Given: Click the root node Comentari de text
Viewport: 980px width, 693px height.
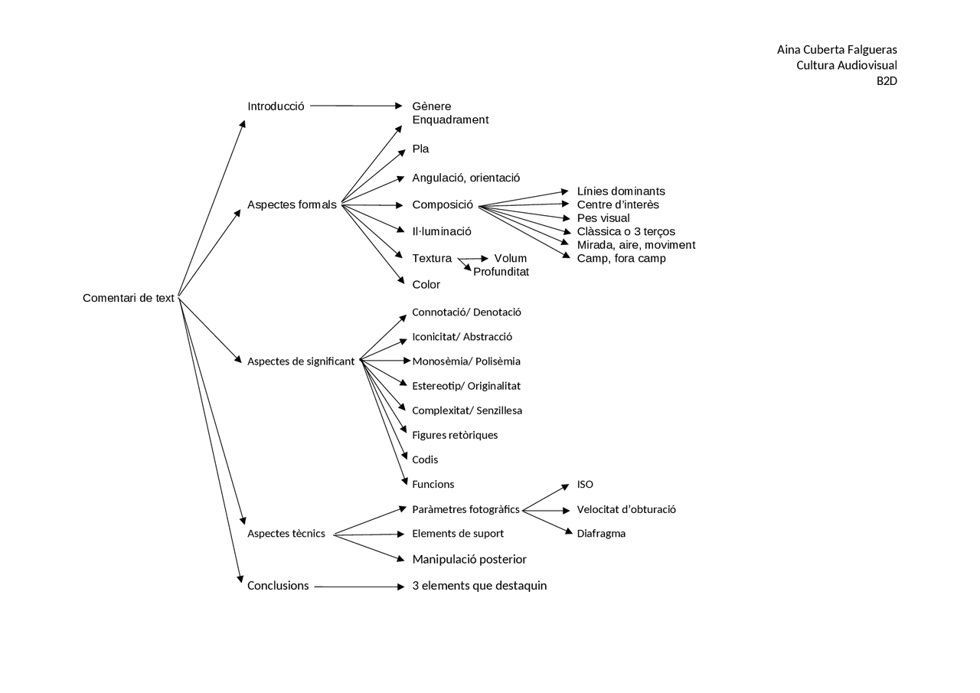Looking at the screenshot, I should (x=129, y=298).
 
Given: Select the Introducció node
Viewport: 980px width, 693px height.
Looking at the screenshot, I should (x=276, y=106).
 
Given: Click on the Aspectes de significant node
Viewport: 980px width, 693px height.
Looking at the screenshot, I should (x=301, y=361).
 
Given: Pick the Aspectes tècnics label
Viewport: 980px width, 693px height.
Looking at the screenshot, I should (x=286, y=534).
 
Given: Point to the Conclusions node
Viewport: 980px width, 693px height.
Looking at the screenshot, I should (x=278, y=586).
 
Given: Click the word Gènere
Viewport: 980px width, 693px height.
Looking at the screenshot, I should (x=431, y=106).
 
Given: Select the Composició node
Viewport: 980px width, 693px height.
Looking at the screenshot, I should (x=443, y=204).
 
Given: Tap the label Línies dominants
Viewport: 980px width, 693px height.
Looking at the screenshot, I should (x=621, y=191).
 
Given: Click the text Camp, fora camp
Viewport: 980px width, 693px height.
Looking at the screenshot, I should (x=621, y=258).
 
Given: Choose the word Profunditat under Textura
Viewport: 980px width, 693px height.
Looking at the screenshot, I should (x=501, y=272).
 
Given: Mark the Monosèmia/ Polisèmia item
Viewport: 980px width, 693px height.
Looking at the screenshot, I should (x=466, y=361).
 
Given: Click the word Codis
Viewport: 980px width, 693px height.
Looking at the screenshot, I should (x=425, y=459).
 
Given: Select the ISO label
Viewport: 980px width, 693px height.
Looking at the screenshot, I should (x=585, y=485).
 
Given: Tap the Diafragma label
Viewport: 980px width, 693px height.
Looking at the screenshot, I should (x=601, y=534).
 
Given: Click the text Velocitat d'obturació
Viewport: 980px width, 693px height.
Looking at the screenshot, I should (x=626, y=509).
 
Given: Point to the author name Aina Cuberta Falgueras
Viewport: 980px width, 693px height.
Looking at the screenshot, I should (x=837, y=50).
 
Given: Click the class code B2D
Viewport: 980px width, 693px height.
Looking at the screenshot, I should (x=887, y=80).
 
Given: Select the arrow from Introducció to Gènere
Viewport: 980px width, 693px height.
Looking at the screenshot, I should (x=356, y=106).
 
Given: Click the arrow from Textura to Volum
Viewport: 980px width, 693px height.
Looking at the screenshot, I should (x=473, y=259).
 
